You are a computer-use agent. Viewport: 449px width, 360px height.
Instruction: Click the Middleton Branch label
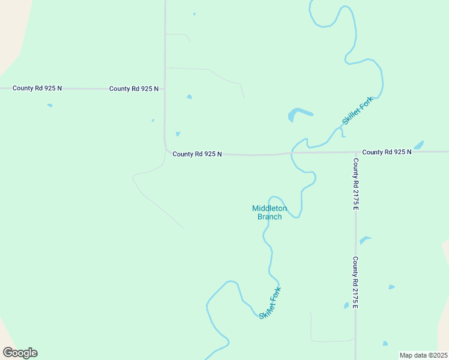click(x=270, y=212)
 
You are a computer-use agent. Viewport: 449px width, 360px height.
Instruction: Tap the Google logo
click(x=20, y=353)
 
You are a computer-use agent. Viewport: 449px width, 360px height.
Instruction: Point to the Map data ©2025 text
click(x=423, y=355)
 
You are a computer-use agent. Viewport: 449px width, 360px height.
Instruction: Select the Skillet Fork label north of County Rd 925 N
click(x=357, y=110)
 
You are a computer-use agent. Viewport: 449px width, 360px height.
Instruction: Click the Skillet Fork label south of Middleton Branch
click(x=270, y=303)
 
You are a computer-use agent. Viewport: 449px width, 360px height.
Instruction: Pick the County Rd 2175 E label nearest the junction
click(x=355, y=184)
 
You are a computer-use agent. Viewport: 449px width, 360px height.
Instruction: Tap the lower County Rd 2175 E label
click(x=355, y=283)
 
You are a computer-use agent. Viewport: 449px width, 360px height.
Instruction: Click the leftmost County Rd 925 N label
click(x=37, y=88)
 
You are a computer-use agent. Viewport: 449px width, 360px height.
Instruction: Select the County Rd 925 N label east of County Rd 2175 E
click(x=387, y=152)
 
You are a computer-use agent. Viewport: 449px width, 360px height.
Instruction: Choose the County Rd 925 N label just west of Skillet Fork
click(x=197, y=154)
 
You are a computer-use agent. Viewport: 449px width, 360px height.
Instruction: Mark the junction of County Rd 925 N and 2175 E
click(x=355, y=152)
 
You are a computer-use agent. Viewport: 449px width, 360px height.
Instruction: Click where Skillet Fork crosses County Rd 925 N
click(x=292, y=153)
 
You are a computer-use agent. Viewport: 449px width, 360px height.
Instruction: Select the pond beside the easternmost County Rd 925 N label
click(x=419, y=145)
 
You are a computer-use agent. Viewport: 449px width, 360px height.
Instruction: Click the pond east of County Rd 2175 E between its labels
click(x=364, y=240)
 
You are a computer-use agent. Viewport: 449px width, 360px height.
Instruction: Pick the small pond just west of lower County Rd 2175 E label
click(x=346, y=305)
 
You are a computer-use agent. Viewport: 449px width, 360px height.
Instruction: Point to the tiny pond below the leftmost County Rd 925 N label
click(x=50, y=106)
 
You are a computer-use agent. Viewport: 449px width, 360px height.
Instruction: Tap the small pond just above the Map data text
click(x=385, y=344)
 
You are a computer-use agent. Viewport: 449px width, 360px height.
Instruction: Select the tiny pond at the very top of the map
click(x=194, y=14)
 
